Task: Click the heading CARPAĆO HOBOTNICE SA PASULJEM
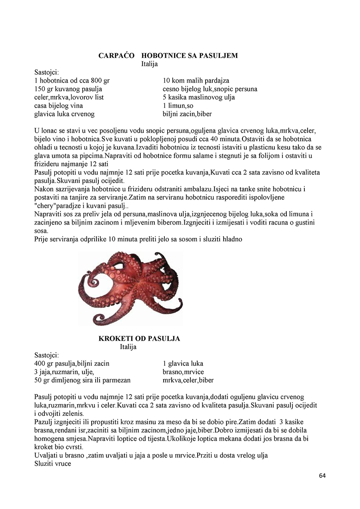168,56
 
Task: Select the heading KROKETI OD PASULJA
139,339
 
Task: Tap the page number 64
323,475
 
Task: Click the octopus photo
130,288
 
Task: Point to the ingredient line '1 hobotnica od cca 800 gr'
72,80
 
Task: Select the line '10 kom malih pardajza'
196,80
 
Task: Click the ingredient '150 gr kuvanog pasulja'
68,89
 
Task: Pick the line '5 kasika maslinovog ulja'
199,97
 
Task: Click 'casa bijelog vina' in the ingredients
59,106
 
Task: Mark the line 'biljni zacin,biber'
187,114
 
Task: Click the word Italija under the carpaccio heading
149,64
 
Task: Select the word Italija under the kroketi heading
128,347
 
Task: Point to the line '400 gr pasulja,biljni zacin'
72,363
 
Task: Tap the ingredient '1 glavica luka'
183,363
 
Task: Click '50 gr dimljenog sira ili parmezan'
82,380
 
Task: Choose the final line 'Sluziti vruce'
53,464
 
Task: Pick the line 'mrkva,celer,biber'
188,380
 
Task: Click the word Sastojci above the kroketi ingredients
47,355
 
